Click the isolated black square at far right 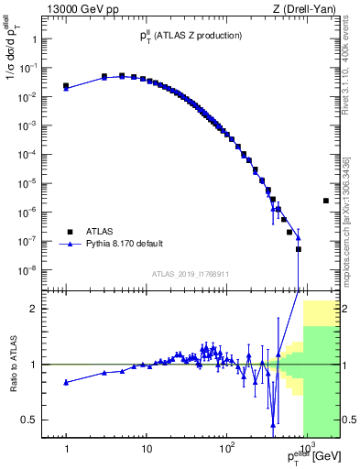pyautogui.click(x=326, y=201)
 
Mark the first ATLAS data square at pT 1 pyautogui.click(x=66, y=86)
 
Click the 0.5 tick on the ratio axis pyautogui.click(x=36, y=420)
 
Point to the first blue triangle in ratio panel pyautogui.click(x=66, y=382)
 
